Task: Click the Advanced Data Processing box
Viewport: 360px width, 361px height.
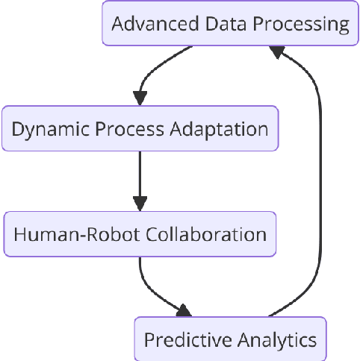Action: pos(229,23)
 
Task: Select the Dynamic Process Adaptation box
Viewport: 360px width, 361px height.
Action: pos(140,128)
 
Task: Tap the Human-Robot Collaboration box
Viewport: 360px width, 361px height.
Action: pos(140,234)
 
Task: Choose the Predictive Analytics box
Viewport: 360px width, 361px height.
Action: pos(230,340)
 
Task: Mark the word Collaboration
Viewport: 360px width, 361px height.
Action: pos(202,234)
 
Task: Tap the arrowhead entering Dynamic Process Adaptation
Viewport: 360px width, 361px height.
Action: pos(140,98)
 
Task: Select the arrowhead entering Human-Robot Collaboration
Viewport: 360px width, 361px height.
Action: pos(140,204)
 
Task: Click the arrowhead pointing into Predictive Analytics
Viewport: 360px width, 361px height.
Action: pos(184,310)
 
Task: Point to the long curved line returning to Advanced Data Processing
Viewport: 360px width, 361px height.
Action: pos(320,186)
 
